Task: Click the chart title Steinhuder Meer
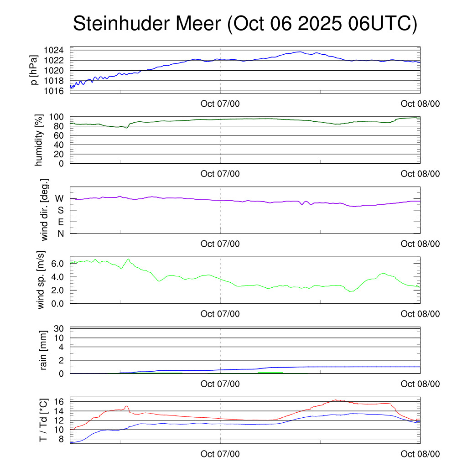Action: [x=245, y=24]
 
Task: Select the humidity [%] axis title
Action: [x=39, y=140]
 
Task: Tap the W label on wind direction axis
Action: [x=59, y=198]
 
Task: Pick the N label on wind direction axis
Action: [x=60, y=233]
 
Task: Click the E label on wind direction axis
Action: [x=60, y=222]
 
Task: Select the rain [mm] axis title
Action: [x=44, y=350]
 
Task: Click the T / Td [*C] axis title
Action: [x=43, y=420]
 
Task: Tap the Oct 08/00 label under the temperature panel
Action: [x=420, y=454]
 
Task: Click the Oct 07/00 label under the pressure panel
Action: [x=220, y=104]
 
